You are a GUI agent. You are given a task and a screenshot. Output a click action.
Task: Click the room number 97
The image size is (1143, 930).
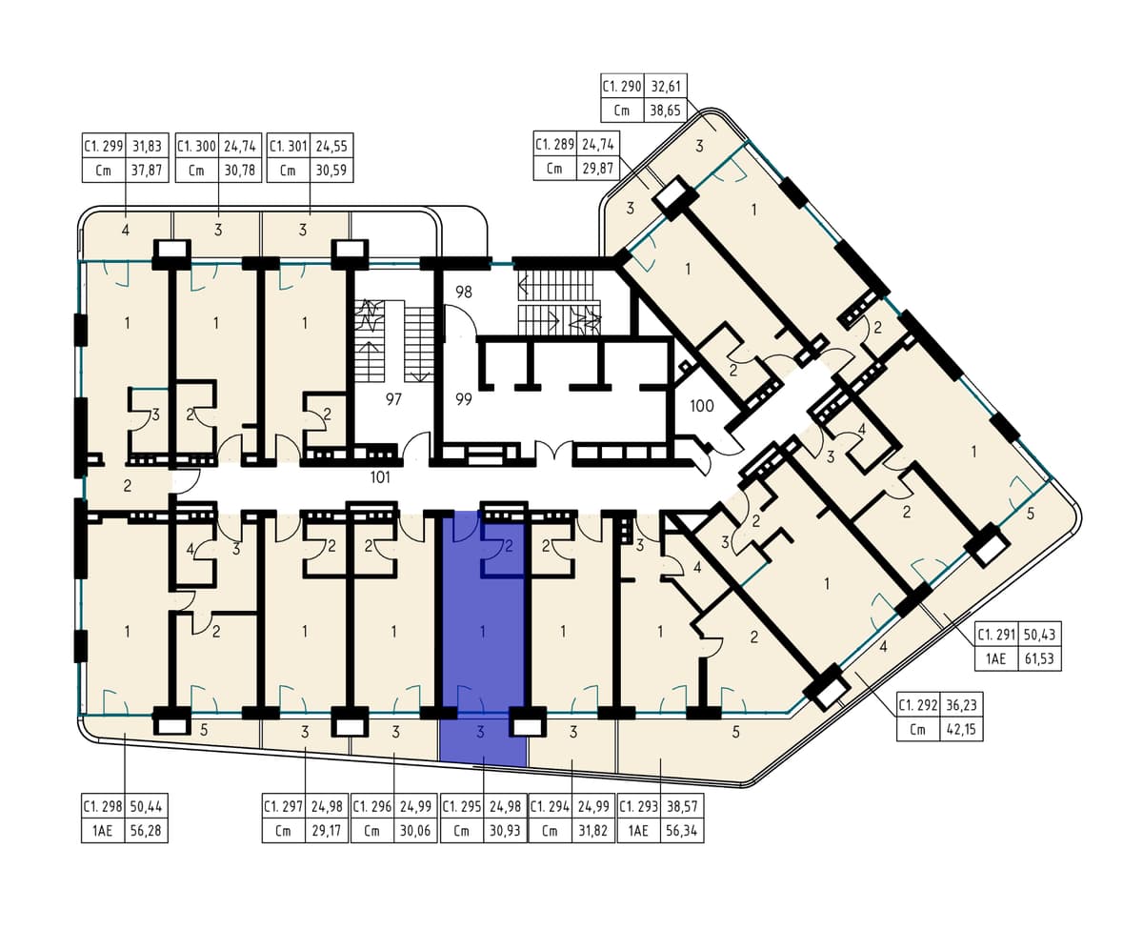point(393,399)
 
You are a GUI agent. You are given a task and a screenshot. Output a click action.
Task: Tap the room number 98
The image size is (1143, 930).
point(464,292)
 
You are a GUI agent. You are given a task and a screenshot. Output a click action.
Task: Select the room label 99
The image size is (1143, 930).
point(464,399)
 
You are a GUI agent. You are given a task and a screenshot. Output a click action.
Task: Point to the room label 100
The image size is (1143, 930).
point(701,406)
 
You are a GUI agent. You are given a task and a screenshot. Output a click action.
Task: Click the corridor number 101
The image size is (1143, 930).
point(380,477)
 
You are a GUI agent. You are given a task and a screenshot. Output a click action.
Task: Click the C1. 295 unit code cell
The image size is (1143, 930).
point(462,806)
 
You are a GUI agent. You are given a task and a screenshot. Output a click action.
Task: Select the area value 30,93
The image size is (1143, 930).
point(505,831)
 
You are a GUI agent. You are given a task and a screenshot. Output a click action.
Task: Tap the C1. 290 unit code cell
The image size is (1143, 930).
point(622,87)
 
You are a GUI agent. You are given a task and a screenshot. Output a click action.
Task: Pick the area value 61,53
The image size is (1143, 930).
point(1039,658)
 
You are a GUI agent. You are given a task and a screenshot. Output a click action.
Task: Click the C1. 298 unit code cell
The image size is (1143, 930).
point(103,806)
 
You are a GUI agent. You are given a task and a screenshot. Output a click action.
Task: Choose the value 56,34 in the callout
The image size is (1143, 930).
point(681,831)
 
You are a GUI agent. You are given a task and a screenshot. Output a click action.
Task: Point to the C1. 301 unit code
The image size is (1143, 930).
point(289,146)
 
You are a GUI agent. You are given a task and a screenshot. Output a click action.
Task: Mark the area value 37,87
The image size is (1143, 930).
point(147,171)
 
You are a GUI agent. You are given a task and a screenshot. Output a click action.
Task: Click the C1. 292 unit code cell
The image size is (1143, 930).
point(918,704)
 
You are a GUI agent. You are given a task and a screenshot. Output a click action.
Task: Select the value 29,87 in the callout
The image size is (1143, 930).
point(598,169)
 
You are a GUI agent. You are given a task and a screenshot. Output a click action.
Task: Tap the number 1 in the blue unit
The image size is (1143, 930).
point(482,632)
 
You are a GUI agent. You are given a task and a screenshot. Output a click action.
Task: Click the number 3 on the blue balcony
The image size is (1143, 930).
point(480,732)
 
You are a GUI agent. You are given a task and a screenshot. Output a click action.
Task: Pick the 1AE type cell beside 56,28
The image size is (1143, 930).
point(103,831)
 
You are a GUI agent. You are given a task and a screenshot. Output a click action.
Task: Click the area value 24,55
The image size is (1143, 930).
point(331,146)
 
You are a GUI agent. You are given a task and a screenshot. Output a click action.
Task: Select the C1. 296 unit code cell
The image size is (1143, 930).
point(373,806)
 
